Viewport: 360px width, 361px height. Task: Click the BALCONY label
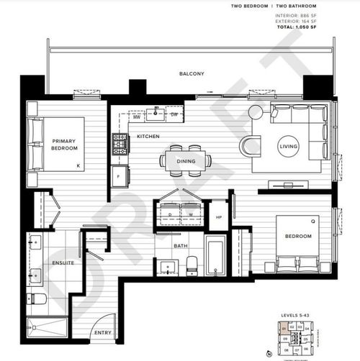click(x=192, y=73)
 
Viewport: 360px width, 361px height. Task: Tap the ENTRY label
click(x=104, y=333)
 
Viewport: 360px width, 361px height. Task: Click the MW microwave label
click(x=136, y=114)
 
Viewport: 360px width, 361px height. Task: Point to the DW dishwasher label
click(x=174, y=114)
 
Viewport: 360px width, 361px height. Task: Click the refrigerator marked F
click(x=119, y=175)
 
